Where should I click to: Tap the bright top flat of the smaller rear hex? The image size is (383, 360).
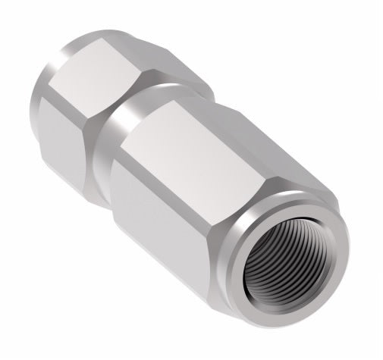(x=106, y=76)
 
